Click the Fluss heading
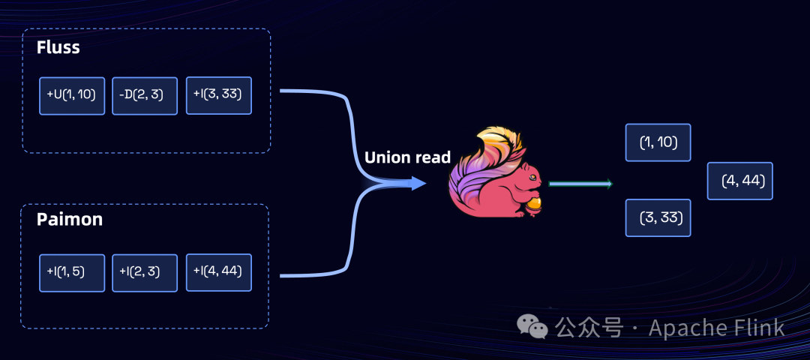[58, 48]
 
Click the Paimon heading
[70, 220]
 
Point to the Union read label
[407, 157]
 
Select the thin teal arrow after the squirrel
[580, 184]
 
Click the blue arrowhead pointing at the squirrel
[418, 183]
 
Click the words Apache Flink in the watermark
[716, 328]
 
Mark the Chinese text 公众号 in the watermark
[589, 328]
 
